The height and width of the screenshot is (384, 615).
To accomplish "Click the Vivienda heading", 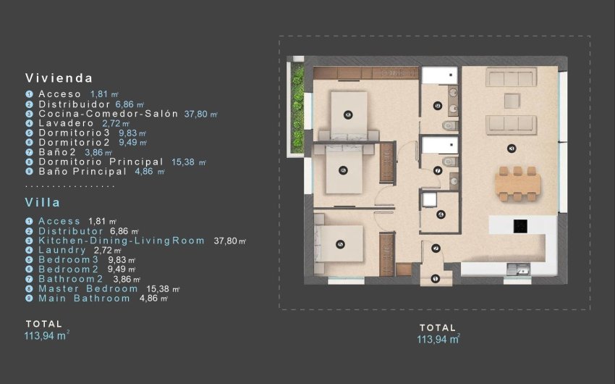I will tap(59, 78).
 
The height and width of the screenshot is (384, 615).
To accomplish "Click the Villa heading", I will tap(43, 203).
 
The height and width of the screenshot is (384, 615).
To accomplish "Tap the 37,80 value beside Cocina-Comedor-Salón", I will tap(196, 114).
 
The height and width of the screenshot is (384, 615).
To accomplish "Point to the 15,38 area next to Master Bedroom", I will tap(163, 288).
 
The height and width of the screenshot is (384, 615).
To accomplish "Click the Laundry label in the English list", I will tap(63, 250).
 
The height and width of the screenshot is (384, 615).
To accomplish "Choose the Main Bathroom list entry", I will tap(84, 298).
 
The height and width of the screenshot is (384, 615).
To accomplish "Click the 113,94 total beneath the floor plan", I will tap(438, 339).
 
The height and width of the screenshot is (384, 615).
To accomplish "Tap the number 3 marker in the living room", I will tap(512, 149).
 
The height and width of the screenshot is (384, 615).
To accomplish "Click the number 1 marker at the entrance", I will tap(435, 279).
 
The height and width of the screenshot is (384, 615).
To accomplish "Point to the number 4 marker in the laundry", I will tap(441, 214).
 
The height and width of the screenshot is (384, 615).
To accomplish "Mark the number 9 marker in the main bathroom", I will tap(438, 107).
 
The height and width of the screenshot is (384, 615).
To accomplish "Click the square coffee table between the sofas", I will tap(512, 99).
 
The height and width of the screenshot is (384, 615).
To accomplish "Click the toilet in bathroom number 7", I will tap(449, 161).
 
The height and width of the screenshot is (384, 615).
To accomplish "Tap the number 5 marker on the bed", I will tap(341, 245).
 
